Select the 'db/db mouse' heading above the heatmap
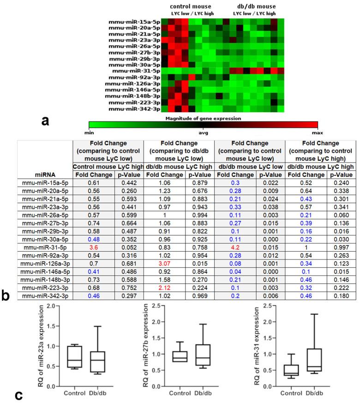coord(255,6)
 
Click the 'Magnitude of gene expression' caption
coord(203,118)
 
